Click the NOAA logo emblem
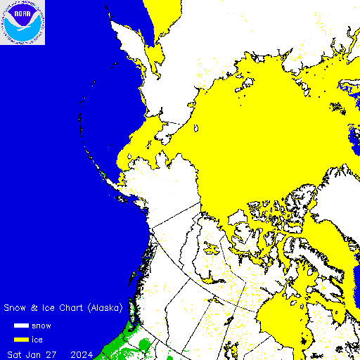22,22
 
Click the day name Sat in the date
15,352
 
